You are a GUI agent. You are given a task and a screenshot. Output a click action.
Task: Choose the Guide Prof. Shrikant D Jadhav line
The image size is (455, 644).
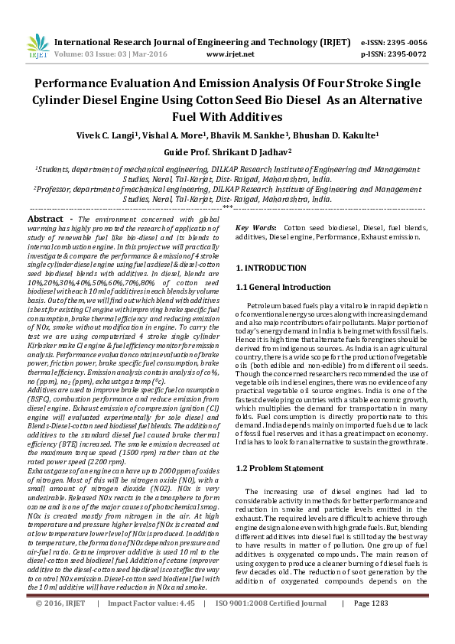coord(227,152)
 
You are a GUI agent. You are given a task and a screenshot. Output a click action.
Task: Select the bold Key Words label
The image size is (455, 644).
coord(255,228)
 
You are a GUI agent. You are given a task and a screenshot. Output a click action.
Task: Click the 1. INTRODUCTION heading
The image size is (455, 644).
coord(271,268)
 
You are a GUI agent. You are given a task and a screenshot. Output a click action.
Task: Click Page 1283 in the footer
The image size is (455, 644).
coord(370,624)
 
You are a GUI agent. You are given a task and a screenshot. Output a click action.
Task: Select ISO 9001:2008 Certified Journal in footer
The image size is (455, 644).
coord(271,624)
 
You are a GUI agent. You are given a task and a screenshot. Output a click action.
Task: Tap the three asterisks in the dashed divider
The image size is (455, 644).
coord(227,207)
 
